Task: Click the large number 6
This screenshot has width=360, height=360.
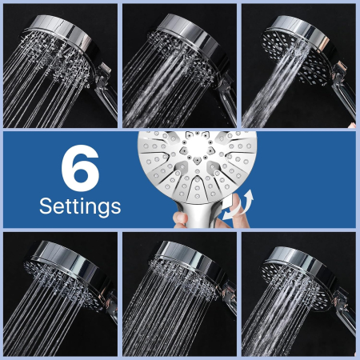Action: pos(80,168)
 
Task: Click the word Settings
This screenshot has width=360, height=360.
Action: pos(80,206)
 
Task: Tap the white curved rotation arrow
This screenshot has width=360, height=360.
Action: pos(238,205)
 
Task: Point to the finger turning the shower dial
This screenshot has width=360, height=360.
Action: pos(238,210)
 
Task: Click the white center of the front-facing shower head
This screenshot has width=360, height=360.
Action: pos(198,145)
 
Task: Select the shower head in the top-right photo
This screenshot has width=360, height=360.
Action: pos(298,50)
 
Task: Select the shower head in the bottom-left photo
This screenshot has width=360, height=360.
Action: pos(70,274)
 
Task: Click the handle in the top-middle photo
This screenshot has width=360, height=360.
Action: pos(226,102)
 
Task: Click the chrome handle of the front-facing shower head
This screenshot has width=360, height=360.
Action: pos(198,214)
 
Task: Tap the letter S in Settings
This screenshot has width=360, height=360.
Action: pos(46,206)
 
